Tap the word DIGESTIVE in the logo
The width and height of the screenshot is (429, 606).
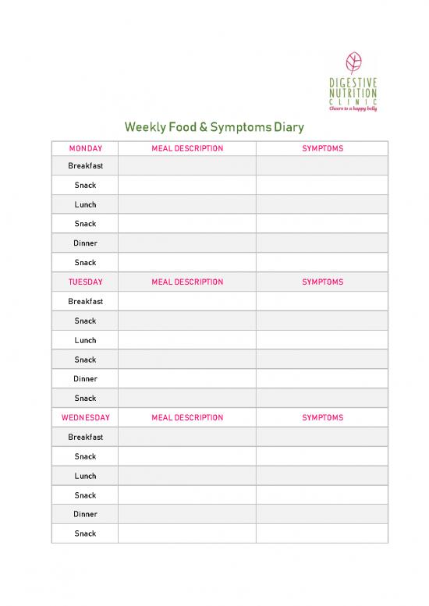353,80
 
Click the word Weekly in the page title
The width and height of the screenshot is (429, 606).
146,127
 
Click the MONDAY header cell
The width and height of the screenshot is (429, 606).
85,148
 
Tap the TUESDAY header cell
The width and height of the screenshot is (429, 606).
85,282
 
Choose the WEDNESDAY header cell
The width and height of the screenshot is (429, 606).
85,418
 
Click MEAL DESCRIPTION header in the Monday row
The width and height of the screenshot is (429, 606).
187,148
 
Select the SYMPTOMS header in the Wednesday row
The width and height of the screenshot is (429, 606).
322,418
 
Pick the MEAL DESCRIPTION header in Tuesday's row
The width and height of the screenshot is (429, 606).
187,282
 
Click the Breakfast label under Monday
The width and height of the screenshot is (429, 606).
85,166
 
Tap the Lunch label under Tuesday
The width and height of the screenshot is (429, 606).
85,340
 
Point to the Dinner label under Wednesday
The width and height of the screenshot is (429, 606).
85,515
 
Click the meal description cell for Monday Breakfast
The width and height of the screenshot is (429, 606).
187,166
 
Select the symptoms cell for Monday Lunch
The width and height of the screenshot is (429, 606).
322,205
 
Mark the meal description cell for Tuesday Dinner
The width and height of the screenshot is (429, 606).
187,379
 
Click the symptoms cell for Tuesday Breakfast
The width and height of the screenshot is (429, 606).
322,302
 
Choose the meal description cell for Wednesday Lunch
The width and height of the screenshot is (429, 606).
187,476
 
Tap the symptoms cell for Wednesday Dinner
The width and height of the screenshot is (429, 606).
322,515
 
